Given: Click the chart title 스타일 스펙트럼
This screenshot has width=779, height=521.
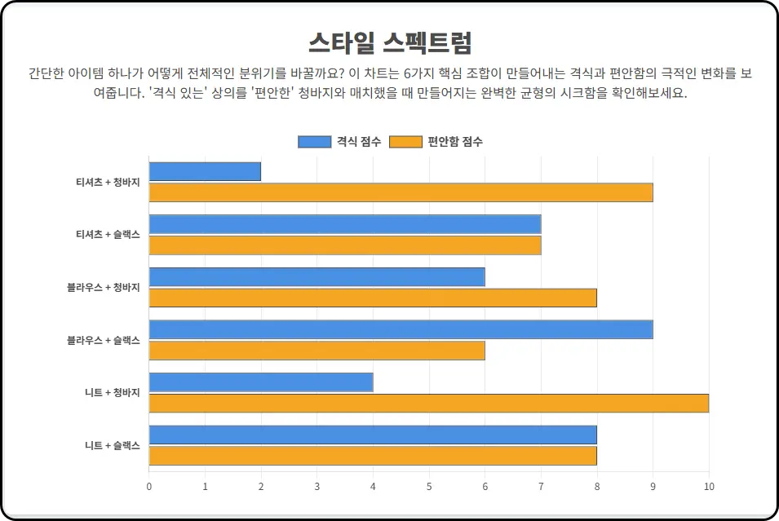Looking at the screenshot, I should [x=389, y=42].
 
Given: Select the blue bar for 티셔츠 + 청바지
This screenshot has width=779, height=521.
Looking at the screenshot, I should [x=205, y=171].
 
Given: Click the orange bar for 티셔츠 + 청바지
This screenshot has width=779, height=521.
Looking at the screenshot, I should [x=401, y=192].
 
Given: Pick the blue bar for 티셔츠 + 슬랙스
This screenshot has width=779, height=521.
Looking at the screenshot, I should [x=344, y=224].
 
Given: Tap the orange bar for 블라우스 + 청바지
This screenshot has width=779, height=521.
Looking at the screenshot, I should [x=373, y=298].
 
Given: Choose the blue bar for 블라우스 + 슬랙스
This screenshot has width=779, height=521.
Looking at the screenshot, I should [x=401, y=329].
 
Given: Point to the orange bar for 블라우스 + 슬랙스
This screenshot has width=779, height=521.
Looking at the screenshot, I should [x=316, y=351].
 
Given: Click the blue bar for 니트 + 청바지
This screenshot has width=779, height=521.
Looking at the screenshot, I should [x=261, y=382].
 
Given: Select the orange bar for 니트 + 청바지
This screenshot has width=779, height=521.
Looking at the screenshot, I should [x=428, y=403].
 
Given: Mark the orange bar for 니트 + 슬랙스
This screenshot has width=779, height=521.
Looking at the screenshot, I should [x=373, y=456].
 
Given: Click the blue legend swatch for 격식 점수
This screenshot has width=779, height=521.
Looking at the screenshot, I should [x=314, y=142].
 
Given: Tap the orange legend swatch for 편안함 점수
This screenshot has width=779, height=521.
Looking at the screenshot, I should [x=405, y=142].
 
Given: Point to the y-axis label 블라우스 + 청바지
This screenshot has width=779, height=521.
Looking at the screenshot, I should [x=104, y=287].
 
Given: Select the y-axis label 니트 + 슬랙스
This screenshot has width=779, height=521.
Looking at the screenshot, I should [x=112, y=445].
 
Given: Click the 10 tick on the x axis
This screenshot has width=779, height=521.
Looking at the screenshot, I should [x=709, y=487].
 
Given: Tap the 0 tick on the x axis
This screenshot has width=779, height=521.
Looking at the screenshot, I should [x=148, y=487].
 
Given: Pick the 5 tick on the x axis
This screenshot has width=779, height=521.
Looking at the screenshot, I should [x=429, y=487].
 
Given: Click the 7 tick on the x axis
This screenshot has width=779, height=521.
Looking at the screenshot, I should [x=541, y=487].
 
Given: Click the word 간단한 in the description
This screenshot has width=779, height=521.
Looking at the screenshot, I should [x=47, y=73].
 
